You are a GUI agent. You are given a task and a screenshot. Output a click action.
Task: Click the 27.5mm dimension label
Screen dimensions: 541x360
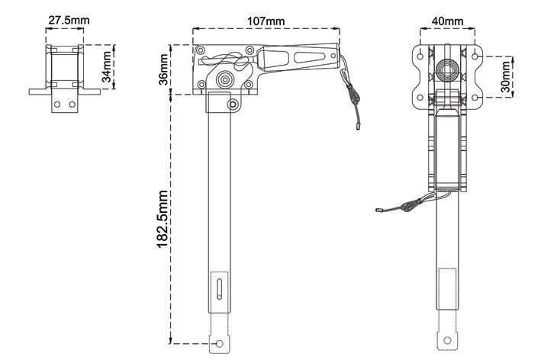[69, 20]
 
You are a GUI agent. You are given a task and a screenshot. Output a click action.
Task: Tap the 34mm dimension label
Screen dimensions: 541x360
[108, 66]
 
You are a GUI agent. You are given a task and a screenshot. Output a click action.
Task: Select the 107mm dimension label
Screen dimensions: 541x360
[266, 21]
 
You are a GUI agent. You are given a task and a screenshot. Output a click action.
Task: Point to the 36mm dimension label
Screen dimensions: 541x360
[163, 69]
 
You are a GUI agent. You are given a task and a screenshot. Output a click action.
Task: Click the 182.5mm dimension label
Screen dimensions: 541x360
[163, 219]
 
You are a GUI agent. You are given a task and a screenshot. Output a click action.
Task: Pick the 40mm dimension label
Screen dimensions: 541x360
[447, 21]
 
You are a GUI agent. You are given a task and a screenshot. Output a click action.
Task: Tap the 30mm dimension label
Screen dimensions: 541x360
[505, 76]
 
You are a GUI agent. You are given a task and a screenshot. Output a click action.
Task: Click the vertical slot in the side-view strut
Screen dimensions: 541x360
[219, 288]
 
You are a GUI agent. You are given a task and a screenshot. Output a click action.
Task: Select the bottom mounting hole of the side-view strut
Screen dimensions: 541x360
[219, 343]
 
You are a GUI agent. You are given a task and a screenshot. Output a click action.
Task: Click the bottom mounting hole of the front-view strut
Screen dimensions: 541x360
[447, 340]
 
